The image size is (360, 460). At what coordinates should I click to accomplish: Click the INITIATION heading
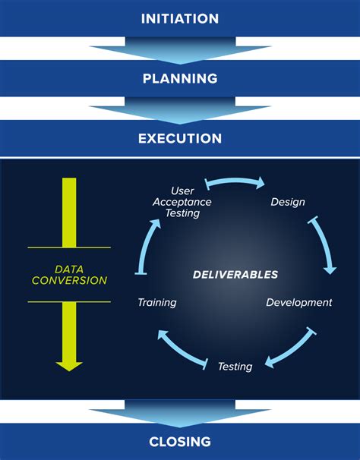tap(180, 18)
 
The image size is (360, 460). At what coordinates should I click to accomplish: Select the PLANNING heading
tap(180, 78)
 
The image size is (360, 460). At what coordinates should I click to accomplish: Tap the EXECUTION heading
tap(180, 139)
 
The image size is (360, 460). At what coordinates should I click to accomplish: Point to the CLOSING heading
tap(180, 442)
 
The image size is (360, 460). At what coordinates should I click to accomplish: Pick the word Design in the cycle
tap(288, 202)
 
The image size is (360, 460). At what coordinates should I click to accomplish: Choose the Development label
tap(298, 302)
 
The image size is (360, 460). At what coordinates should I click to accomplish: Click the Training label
tap(157, 302)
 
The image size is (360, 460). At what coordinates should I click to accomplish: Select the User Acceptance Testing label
tap(182, 202)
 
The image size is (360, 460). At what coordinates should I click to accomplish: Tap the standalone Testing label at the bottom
tap(235, 367)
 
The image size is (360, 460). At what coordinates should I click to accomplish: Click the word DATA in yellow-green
tap(70, 269)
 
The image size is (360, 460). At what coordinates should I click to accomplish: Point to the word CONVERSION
tap(70, 281)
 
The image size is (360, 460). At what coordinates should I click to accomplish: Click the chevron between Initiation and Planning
tap(180, 52)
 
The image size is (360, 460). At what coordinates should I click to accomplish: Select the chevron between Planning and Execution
tap(180, 112)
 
